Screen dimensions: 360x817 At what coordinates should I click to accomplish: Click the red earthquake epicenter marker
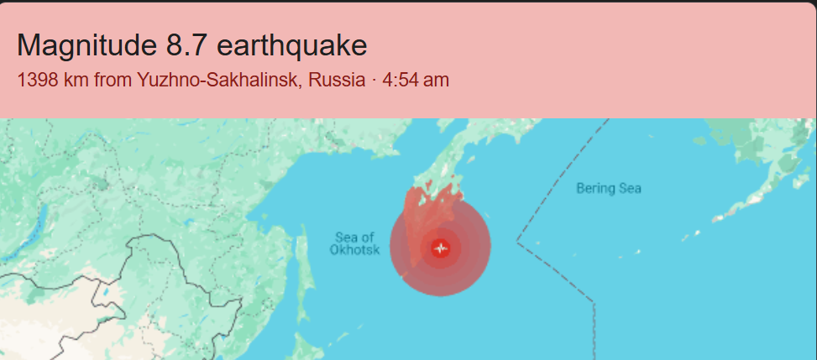coord(441,248)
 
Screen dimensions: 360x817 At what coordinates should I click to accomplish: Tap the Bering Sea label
coord(608,189)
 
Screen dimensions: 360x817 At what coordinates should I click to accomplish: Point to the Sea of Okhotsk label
coord(354,243)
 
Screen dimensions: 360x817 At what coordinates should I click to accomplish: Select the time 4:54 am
coord(416,81)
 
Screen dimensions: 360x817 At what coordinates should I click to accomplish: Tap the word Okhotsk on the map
coord(354,250)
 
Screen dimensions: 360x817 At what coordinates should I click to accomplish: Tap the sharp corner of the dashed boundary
coord(517,243)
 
